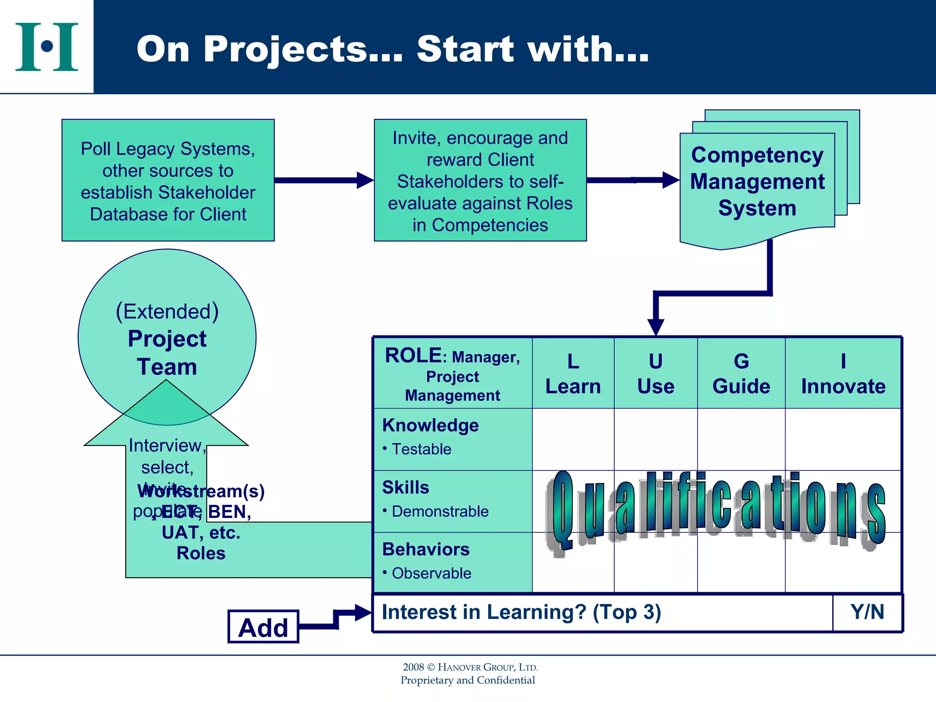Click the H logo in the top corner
(47, 47)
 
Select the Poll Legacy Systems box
(168, 180)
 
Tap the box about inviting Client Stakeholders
(480, 180)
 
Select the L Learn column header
(573, 373)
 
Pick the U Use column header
(655, 373)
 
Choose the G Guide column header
(741, 373)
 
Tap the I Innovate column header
(843, 373)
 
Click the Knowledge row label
(430, 425)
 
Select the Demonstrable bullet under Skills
(440, 511)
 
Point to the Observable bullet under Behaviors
(431, 573)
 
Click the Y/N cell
(867, 612)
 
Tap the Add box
(263, 627)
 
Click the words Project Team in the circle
(167, 352)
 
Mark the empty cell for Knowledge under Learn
(573, 439)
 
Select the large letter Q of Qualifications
(562, 510)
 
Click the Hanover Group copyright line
(470, 667)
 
